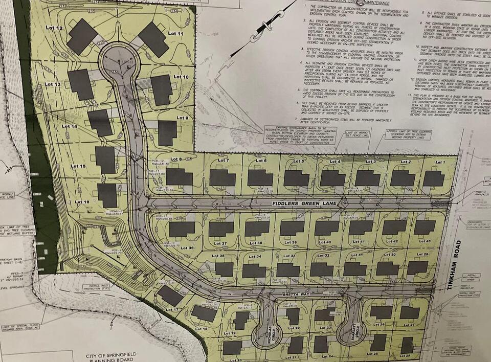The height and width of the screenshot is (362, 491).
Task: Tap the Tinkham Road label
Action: click(x=452, y=266)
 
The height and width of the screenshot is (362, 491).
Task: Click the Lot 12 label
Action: click(x=56, y=28)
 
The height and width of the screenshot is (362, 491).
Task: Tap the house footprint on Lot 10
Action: click(x=161, y=90)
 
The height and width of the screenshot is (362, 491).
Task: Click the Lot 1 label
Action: click(x=440, y=162)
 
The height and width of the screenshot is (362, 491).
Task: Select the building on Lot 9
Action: click(x=167, y=133)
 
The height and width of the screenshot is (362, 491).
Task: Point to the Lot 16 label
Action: click(x=82, y=202)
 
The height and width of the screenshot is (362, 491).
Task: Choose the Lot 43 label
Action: click(x=425, y=241)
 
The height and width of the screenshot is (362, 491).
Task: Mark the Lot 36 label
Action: click(x=187, y=248)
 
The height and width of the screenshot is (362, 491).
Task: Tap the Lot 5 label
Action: click(x=299, y=161)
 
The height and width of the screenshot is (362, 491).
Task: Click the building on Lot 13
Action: click(x=81, y=84)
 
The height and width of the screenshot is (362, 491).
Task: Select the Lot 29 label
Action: click(x=422, y=254)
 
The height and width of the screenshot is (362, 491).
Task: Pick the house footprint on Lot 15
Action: click(x=105, y=160)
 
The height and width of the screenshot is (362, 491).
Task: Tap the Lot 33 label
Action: click(x=289, y=256)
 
